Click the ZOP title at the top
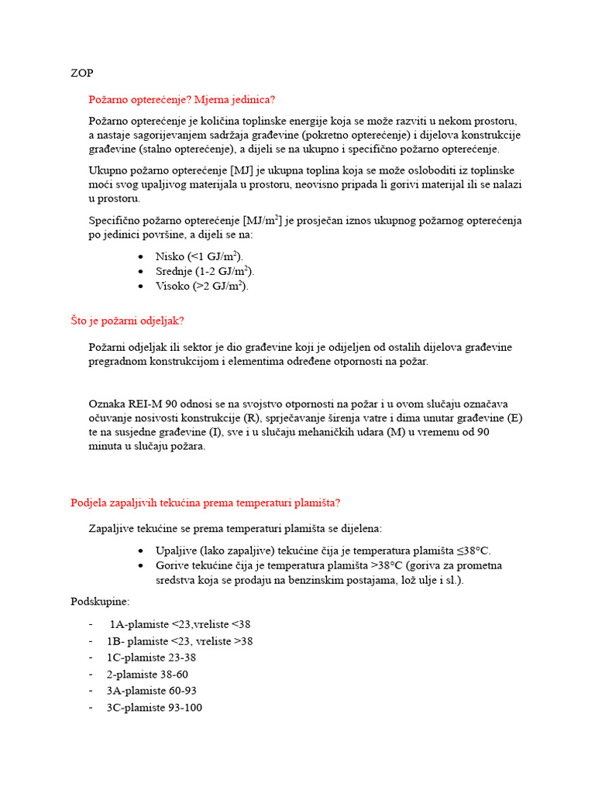[81, 73]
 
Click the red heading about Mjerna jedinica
[182, 100]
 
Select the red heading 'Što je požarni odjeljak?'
[128, 321]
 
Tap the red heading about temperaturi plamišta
[205, 502]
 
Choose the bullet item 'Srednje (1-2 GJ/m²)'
[205, 271]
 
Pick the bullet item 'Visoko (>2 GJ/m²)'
[202, 286]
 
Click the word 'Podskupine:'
[100, 601]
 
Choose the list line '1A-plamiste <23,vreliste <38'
[180, 624]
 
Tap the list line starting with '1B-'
[180, 641]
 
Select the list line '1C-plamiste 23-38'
[151, 657]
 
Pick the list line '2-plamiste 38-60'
[147, 674]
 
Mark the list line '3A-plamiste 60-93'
[152, 691]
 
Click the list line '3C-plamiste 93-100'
[154, 707]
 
